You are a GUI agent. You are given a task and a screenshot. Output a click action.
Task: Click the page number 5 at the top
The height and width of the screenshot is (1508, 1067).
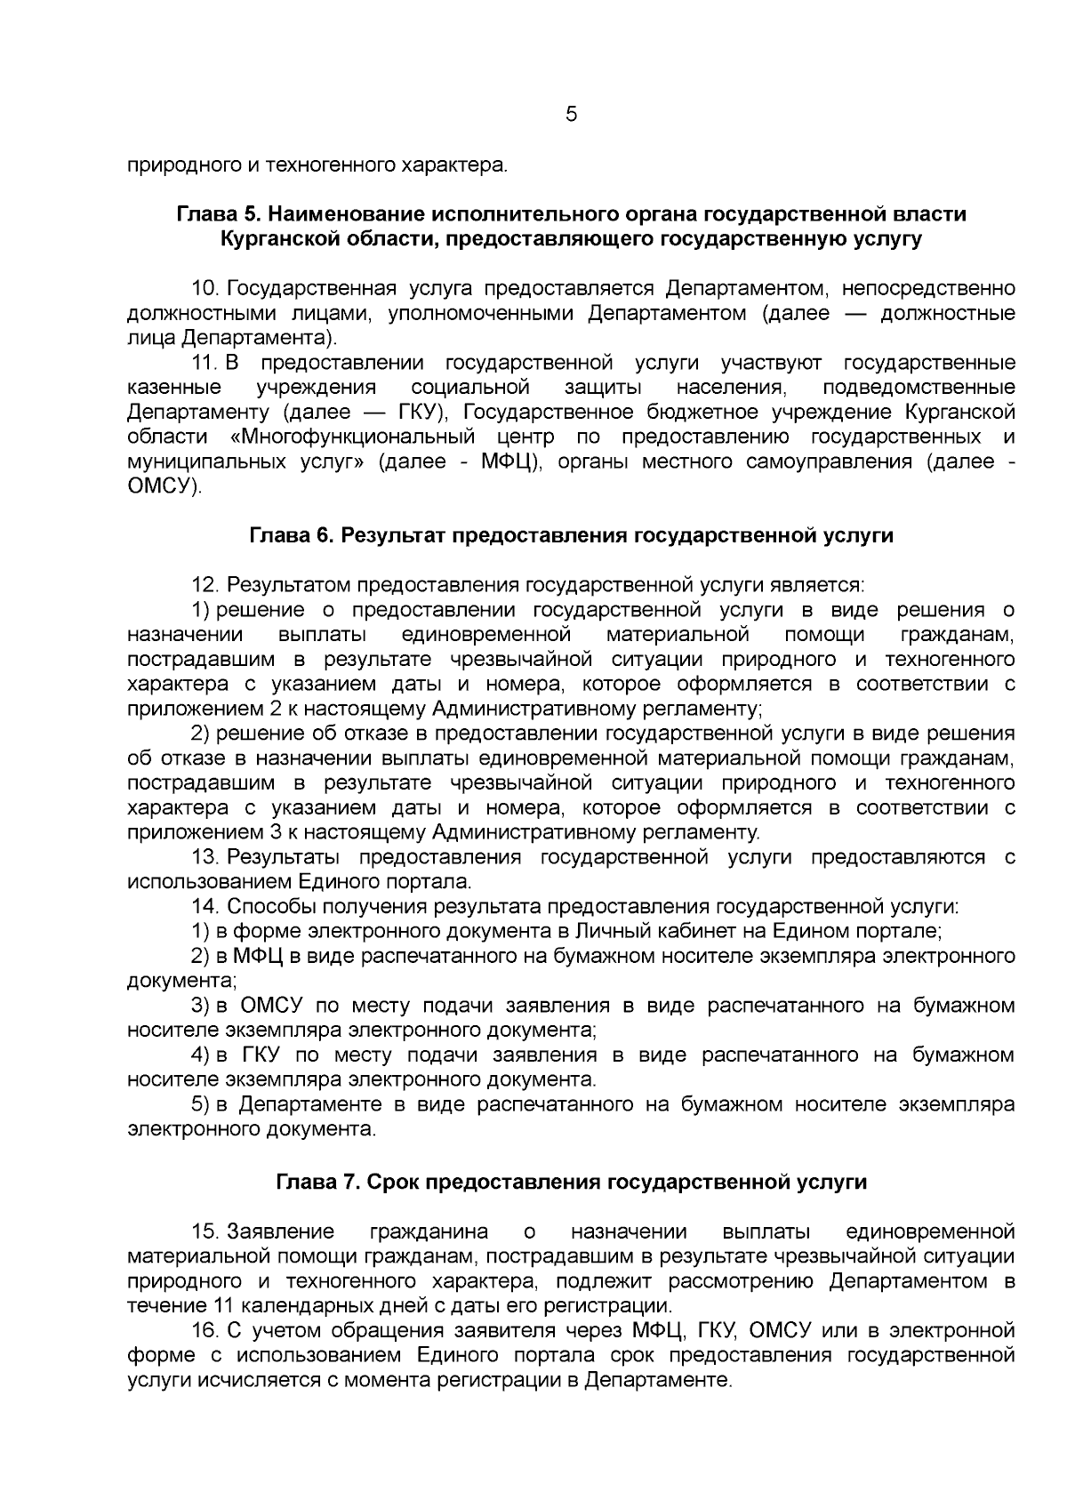point(571,116)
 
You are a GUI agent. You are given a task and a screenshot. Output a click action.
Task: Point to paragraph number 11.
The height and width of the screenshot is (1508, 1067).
point(205,364)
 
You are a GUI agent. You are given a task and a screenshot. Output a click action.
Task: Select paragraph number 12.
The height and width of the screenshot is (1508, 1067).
point(205,585)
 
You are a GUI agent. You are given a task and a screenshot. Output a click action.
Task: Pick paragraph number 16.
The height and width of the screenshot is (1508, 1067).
point(205,1330)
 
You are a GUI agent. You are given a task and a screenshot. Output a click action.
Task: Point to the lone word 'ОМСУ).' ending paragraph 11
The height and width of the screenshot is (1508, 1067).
point(164,487)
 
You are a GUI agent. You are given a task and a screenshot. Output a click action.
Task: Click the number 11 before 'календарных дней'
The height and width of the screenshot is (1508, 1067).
point(223,1306)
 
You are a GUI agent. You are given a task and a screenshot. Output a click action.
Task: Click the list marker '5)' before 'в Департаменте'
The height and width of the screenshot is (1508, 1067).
point(201,1104)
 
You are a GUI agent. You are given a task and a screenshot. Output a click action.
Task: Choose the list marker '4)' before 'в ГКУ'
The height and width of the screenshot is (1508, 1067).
point(201,1055)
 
